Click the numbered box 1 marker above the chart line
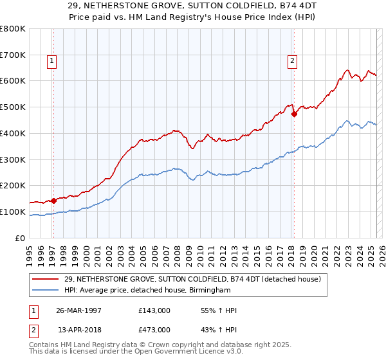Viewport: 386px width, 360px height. coord(51,62)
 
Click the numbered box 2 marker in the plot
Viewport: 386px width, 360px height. coord(292,62)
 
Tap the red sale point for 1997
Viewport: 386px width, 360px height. coord(54,200)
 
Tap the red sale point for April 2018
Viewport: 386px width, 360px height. coord(295,114)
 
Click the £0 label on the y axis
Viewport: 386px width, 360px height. coord(21,238)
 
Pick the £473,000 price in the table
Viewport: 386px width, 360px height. coord(154,329)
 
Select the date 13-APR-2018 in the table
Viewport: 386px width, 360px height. coord(79,329)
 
